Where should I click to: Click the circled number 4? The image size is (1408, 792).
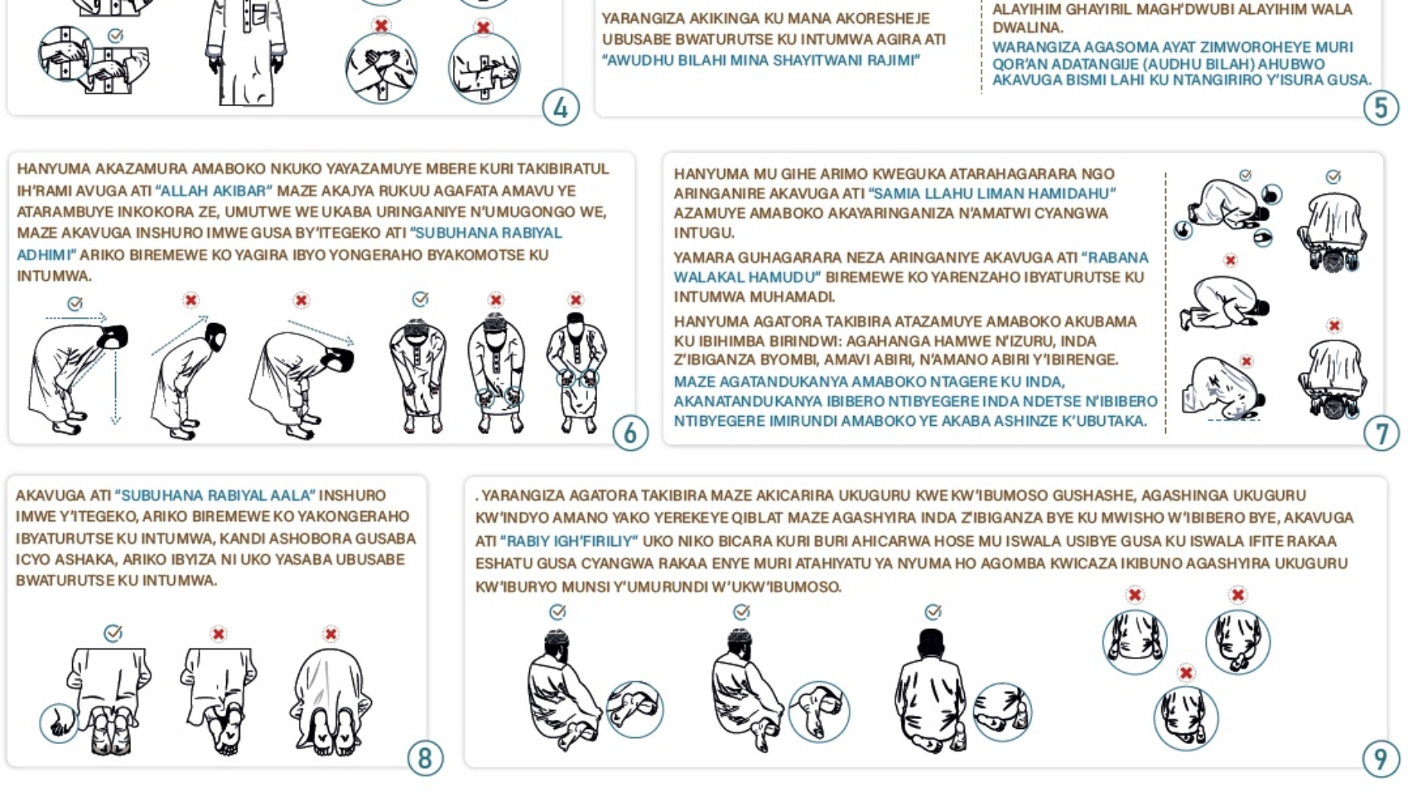click(x=561, y=108)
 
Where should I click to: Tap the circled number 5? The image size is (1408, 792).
click(x=1381, y=108)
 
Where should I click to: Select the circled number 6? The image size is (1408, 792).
click(x=629, y=433)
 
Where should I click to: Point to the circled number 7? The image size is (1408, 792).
click(x=1381, y=433)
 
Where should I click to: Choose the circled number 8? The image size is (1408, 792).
click(x=426, y=758)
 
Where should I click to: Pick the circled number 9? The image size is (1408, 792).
click(x=1381, y=759)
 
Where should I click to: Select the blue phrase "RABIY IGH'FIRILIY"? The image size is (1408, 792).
click(x=570, y=541)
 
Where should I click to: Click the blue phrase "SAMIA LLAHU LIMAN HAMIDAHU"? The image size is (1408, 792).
click(x=992, y=193)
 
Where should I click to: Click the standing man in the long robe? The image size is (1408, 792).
click(x=246, y=53)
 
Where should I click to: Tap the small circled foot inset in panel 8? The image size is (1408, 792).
click(x=59, y=723)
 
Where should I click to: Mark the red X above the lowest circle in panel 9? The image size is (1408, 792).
click(x=1186, y=674)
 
